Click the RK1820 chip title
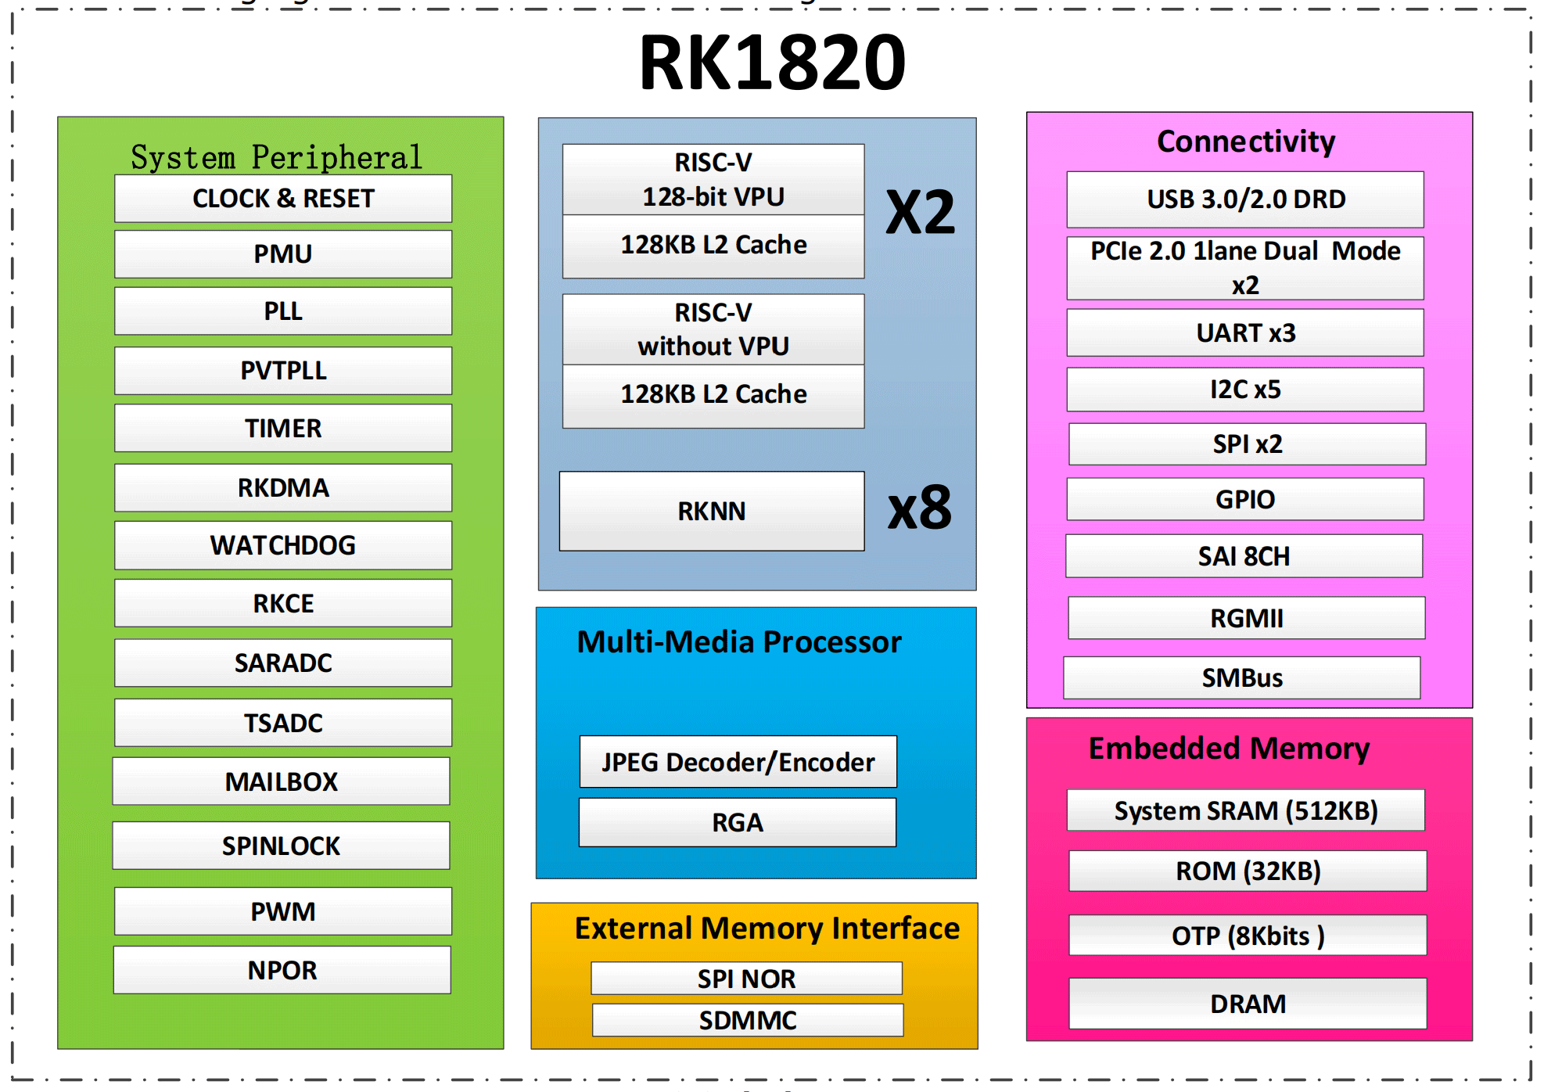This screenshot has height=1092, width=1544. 772,63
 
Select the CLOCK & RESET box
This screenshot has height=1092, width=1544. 283,199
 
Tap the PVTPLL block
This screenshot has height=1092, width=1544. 283,371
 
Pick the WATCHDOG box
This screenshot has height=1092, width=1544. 283,545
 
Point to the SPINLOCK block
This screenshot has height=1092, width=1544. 281,846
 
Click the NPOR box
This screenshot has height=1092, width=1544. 282,970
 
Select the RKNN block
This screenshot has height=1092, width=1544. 712,511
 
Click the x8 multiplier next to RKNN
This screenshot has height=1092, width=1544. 920,508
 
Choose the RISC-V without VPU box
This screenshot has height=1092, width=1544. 713,329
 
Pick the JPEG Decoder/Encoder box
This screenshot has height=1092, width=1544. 738,762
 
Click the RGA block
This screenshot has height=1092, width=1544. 737,822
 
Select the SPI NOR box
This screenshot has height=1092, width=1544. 746,979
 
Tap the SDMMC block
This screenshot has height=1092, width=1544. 748,1020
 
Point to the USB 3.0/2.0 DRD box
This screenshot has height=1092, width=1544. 1245,199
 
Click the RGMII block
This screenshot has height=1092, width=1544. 1247,618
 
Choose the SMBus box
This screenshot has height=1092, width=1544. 1242,677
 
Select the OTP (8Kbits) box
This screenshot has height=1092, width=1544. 1248,936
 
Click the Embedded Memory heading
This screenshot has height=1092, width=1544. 1229,749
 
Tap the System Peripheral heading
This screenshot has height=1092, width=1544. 276,157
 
